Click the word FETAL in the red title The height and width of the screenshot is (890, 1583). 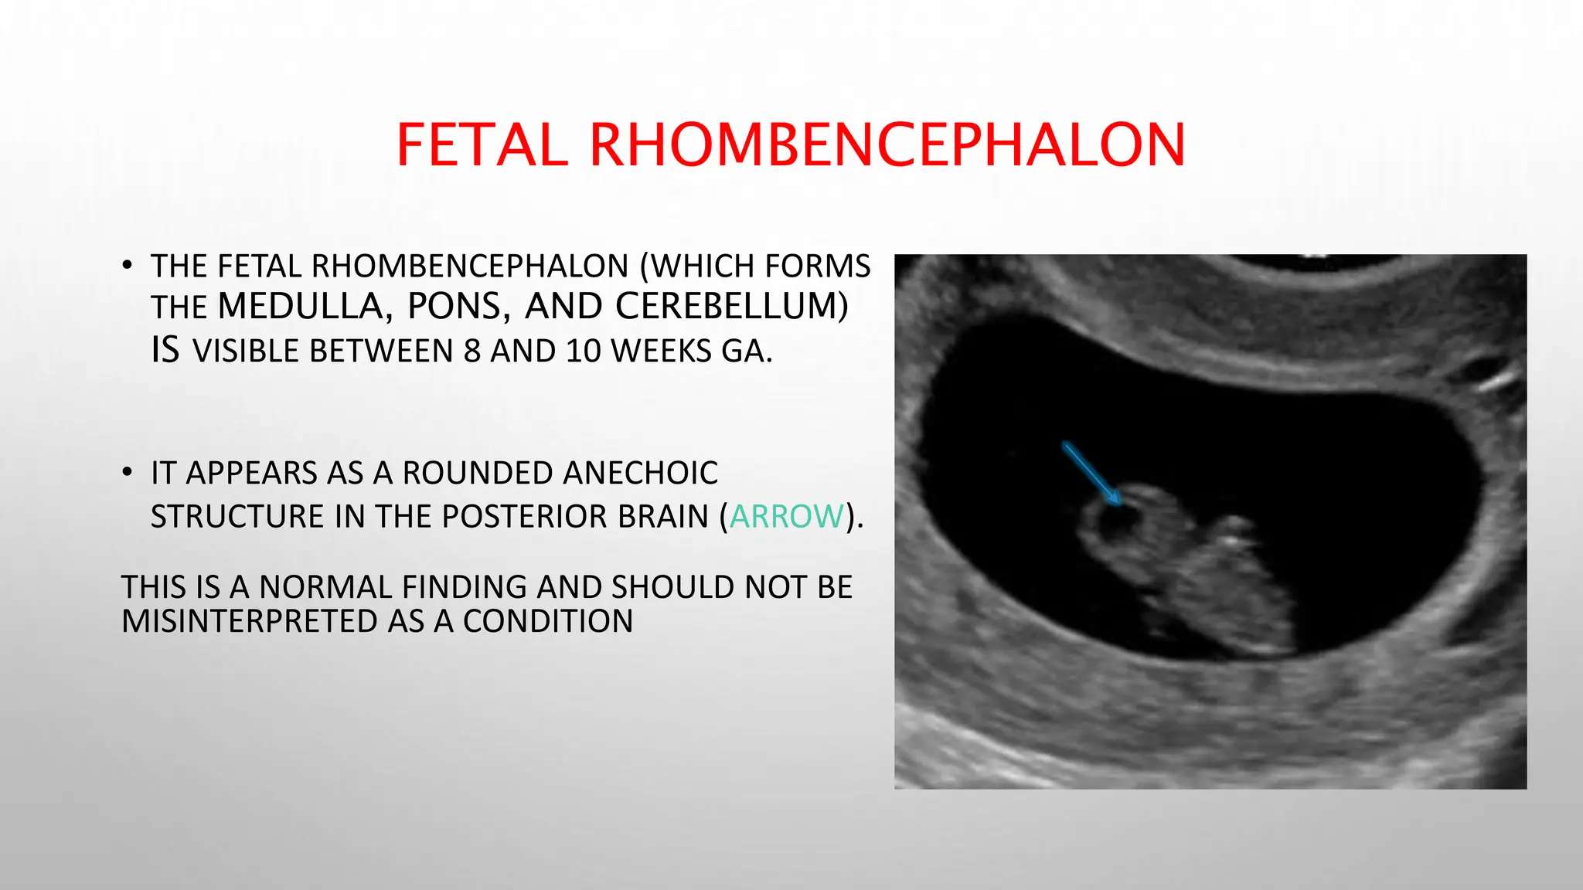coord(482,145)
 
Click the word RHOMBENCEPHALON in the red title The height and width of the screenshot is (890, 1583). coord(887,145)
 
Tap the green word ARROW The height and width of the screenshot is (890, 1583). coord(787,516)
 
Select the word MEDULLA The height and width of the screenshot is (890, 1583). coord(300,307)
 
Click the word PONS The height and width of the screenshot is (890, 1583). coord(454,307)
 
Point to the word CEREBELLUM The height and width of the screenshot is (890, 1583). coord(727,307)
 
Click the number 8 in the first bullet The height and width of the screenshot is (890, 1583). coord(471,352)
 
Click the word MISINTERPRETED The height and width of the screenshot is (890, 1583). coord(250,621)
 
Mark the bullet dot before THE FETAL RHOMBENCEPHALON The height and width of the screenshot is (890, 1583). coord(128,266)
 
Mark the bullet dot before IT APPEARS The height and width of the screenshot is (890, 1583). coord(128,472)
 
